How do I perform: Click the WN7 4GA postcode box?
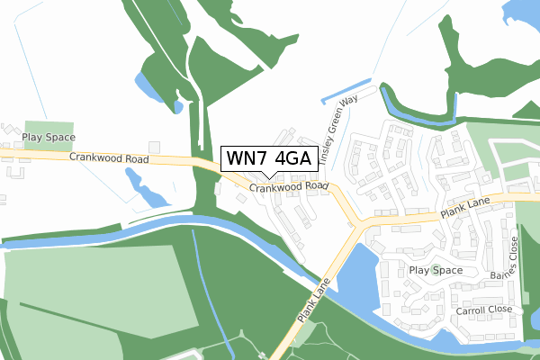pyautogui.click(x=268, y=159)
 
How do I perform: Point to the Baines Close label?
pyautogui.click(x=514, y=260)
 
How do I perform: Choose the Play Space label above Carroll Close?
pyautogui.click(x=436, y=270)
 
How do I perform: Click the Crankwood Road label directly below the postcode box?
pyautogui.click(x=289, y=187)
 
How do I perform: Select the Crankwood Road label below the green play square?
pyautogui.click(x=109, y=158)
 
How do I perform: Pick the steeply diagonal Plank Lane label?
pyautogui.click(x=314, y=302)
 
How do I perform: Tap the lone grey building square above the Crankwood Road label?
pyautogui.click(x=154, y=146)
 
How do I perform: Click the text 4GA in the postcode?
pyautogui.click(x=293, y=159)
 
